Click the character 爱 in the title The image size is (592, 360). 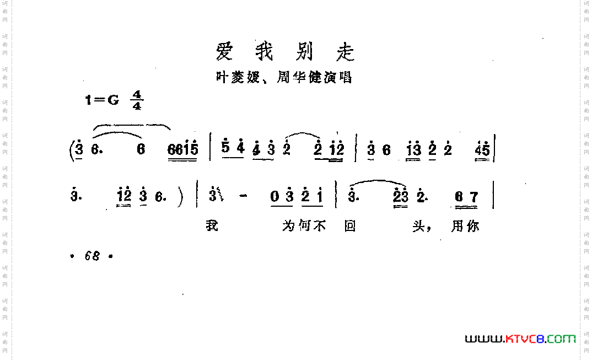[x=224, y=52]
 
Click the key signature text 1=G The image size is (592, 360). [x=102, y=100]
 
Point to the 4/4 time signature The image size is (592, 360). [x=136, y=100]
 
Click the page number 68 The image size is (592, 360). [x=92, y=256]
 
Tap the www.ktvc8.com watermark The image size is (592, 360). [x=520, y=338]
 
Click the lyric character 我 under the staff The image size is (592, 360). [x=212, y=226]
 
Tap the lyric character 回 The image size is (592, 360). [x=349, y=226]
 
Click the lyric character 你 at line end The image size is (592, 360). [x=472, y=226]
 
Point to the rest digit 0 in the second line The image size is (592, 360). [x=275, y=197]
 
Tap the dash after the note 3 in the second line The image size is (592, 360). [x=240, y=197]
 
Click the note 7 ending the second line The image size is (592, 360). [x=473, y=197]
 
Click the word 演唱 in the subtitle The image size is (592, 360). [x=338, y=78]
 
